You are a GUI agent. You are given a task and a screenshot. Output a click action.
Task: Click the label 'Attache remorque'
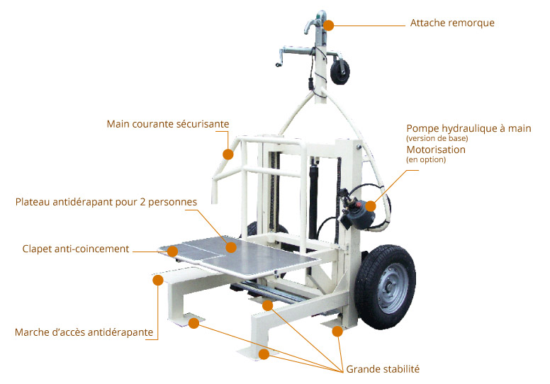452,23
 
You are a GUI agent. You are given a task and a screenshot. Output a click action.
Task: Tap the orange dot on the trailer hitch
328,25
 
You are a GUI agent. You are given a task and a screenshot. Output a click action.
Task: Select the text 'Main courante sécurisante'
168,124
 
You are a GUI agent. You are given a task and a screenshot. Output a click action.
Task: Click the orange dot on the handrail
228,154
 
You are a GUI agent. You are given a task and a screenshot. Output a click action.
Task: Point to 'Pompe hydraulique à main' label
468,128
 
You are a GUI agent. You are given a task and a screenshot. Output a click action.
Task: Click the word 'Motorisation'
436,149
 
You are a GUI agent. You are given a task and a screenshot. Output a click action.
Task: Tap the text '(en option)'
426,160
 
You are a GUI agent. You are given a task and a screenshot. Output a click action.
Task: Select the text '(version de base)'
437,138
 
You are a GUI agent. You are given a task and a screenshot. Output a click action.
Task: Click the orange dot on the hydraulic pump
371,205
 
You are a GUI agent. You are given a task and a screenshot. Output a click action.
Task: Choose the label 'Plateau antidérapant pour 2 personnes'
106,202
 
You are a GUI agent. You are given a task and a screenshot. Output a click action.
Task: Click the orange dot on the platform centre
230,247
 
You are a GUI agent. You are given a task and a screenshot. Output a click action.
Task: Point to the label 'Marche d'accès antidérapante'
84,332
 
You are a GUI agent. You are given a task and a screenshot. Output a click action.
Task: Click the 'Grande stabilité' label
383,368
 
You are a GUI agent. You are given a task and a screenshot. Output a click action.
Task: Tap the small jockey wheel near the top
339,72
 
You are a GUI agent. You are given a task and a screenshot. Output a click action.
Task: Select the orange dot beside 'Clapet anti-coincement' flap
172,251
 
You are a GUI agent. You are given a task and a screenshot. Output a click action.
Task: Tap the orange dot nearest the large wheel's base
337,331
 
